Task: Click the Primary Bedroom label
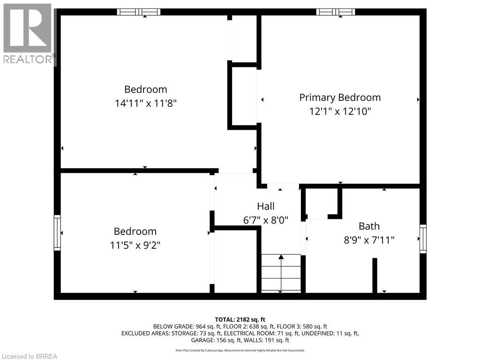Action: tap(340, 97)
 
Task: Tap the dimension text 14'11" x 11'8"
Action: tap(145, 103)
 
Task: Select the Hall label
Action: tap(266, 206)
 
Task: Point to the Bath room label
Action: tap(369, 226)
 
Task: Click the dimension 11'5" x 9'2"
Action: tap(135, 245)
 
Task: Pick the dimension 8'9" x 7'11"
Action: tap(369, 240)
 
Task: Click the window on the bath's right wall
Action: tap(423, 239)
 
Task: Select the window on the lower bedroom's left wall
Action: tap(57, 232)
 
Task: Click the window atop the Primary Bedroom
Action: tap(336, 12)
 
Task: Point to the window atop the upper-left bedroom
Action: tap(138, 12)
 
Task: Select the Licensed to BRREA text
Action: tap(29, 356)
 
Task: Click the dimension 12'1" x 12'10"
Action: tap(340, 112)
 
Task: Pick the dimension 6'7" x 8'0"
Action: tap(266, 219)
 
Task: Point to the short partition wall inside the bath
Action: tap(375, 275)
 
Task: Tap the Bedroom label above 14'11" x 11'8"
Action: tap(145, 89)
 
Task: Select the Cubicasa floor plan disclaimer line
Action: tap(240, 350)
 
